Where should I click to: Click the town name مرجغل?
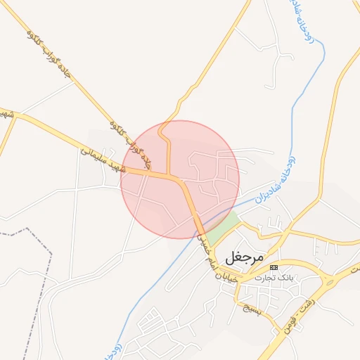click(245, 257)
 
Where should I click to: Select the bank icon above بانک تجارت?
click(274, 268)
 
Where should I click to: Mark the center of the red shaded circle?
click(180, 179)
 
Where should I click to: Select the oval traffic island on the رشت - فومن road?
click(329, 282)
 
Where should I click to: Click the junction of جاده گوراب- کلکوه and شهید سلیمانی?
click(169, 174)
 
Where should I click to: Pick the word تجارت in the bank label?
click(267, 277)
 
